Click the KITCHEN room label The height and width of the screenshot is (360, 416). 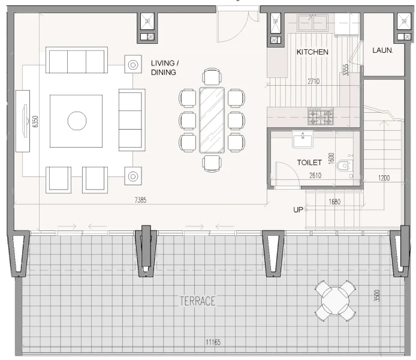pos(312,52)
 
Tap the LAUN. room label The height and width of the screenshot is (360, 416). pos(382,51)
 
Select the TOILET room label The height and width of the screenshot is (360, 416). pos(310,163)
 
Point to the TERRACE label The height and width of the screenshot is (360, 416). pos(197,301)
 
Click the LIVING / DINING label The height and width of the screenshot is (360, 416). pos(164,67)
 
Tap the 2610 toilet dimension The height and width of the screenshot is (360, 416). pos(316,175)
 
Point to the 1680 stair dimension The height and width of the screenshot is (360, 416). pos(334,202)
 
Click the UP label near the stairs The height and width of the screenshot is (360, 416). pos(298,210)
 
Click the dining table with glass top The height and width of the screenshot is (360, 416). pos(212,120)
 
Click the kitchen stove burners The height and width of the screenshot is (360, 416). pos(320,116)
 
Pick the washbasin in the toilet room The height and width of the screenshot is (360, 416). pos(303,140)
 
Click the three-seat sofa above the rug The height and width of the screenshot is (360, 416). pos(76,61)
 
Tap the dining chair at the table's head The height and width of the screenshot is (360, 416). pos(212,77)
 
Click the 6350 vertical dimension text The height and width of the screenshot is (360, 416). pos(35,122)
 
